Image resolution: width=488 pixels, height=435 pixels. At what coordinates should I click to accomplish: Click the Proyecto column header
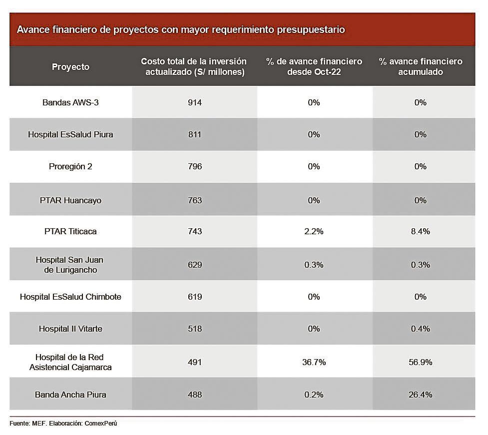tap(70, 67)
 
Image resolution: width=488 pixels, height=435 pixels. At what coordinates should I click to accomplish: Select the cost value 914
tap(195, 102)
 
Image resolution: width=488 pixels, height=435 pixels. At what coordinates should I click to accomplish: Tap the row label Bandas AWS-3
tap(70, 102)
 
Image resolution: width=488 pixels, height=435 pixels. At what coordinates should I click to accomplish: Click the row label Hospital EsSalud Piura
tap(70, 134)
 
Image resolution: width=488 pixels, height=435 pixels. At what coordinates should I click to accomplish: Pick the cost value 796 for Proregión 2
tap(195, 166)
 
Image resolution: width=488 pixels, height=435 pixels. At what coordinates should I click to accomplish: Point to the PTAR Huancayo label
tap(70, 200)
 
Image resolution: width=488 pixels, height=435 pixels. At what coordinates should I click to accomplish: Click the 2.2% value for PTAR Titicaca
tap(314, 231)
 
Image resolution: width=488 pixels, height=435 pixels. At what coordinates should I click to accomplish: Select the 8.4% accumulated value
tap(420, 231)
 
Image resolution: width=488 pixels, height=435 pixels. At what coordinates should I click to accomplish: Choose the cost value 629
tap(195, 265)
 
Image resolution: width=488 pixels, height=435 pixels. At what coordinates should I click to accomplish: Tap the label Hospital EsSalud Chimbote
tap(70, 297)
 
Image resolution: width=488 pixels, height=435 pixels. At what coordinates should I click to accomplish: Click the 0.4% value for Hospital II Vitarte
tap(420, 329)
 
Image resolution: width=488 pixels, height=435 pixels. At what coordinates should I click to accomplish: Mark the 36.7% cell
tap(314, 362)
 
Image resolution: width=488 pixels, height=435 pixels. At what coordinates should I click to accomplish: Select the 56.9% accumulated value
tap(420, 362)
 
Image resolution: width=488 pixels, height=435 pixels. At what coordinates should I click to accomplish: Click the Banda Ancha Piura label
tap(70, 395)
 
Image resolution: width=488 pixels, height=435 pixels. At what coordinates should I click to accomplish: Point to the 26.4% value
tap(420, 395)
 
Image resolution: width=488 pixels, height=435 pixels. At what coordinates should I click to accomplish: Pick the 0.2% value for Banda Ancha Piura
tap(314, 395)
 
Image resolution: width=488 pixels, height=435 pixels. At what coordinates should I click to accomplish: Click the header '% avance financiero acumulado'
tap(420, 67)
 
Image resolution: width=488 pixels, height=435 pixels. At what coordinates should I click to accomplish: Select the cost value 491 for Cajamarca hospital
tap(195, 362)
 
